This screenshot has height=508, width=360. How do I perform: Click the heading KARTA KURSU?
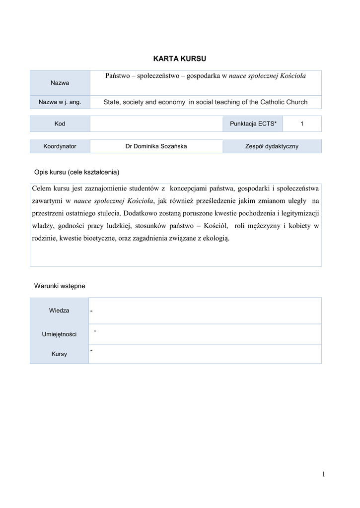pos(180,59)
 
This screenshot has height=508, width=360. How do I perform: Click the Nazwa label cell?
pos(60,82)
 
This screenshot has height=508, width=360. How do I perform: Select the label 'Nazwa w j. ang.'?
pos(60,102)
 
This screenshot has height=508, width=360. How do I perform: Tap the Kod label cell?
pos(60,124)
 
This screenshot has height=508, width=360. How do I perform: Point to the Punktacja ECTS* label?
pos(253,124)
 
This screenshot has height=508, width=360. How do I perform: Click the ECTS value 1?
pos(301,124)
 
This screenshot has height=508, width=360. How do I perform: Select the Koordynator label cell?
pos(60,146)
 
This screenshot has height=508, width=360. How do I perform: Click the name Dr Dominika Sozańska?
pos(156,146)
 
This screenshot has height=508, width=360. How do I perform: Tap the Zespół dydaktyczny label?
pos(272,146)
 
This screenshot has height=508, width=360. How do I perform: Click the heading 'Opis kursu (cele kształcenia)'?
pos(76,172)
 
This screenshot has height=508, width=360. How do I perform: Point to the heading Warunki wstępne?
pos(60,286)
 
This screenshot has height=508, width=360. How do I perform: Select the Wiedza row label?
pos(59,311)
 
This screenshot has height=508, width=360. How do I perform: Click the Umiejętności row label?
pos(59,334)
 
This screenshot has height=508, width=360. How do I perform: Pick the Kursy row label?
pos(59,354)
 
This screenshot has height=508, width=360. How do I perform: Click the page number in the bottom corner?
pos(323,475)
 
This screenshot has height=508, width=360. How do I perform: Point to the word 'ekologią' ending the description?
pos(216,239)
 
